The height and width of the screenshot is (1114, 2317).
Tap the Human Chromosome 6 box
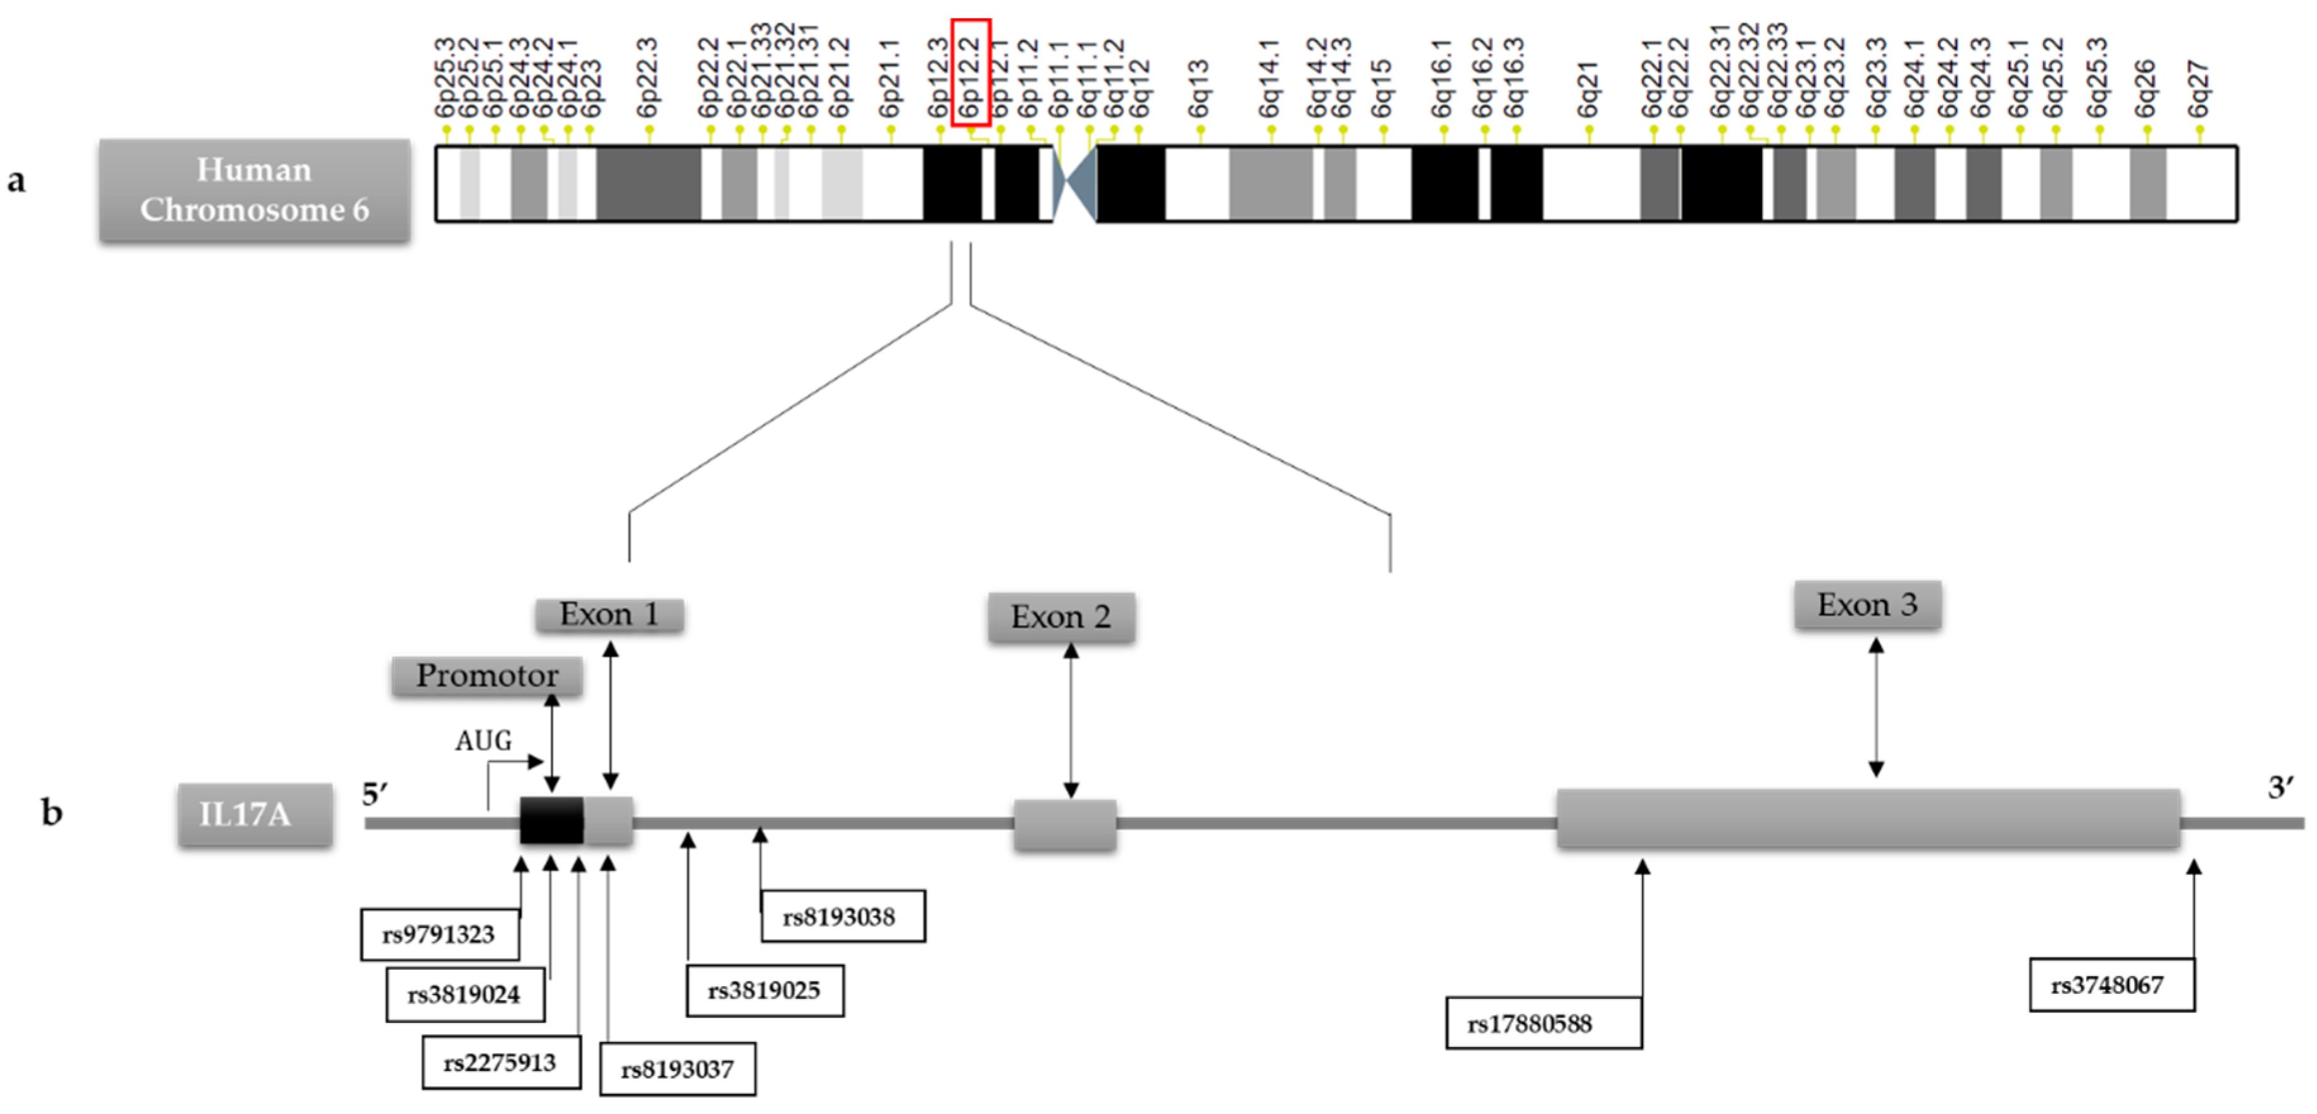(254, 190)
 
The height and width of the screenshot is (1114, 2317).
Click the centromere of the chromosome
(1074, 183)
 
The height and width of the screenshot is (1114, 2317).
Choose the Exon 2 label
(1060, 617)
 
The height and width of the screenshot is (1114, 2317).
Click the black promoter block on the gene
(551, 819)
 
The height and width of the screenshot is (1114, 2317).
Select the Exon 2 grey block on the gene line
(1065, 824)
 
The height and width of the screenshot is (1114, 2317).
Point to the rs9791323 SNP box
(439, 935)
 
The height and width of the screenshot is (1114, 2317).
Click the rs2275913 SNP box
(501, 1063)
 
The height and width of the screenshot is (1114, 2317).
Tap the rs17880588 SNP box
(1543, 1023)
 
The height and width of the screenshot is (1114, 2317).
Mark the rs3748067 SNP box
(2111, 986)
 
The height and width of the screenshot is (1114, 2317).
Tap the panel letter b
(52, 814)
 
